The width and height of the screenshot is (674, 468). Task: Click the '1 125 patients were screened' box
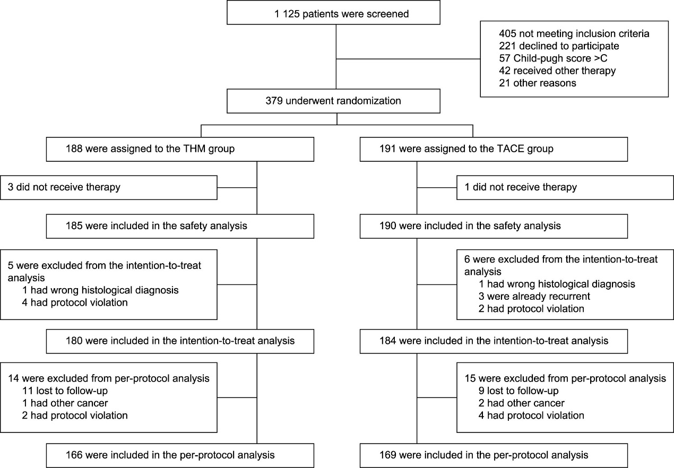(333, 12)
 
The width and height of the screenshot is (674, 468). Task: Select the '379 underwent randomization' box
(333, 101)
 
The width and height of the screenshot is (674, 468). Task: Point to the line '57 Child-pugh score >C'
(553, 58)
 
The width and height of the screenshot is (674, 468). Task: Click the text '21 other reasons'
(538, 83)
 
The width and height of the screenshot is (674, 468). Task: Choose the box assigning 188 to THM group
(180, 150)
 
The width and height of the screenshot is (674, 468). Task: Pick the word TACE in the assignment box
(509, 149)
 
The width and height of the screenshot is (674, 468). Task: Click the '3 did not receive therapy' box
(109, 188)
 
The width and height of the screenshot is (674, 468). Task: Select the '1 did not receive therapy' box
(565, 188)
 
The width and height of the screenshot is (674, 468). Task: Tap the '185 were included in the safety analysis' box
(180, 226)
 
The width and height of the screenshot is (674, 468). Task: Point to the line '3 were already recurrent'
(534, 297)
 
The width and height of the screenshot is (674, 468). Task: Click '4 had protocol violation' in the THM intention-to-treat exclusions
(75, 302)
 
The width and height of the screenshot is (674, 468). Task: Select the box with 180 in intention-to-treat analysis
(180, 341)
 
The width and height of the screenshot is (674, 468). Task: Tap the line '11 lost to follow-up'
(65, 391)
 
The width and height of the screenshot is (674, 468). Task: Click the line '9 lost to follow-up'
(519, 391)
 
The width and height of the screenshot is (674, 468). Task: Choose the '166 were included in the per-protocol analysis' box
(180, 456)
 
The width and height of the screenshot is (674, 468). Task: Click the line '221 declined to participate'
(559, 46)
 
